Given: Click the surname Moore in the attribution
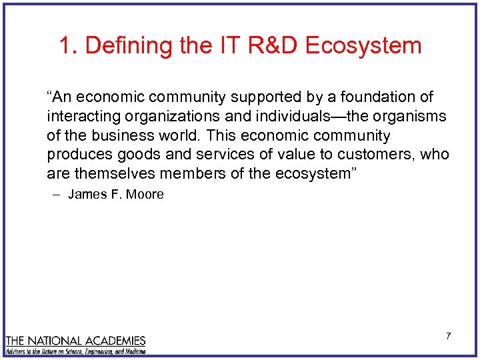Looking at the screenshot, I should pos(146,195).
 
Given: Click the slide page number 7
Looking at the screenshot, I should pos(448,336).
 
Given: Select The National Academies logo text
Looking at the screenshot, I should pos(75,340).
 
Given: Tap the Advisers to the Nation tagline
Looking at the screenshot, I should pos(75,351).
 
